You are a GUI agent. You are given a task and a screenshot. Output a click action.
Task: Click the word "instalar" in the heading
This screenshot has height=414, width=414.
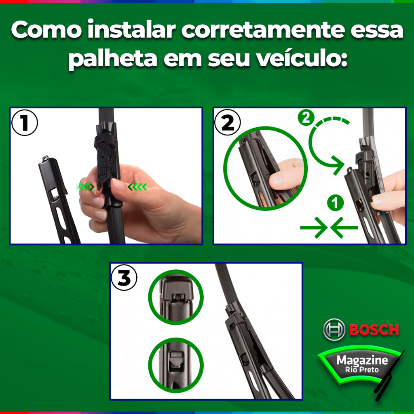[131, 30]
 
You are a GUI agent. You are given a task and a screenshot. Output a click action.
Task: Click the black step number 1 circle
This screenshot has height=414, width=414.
[25, 123]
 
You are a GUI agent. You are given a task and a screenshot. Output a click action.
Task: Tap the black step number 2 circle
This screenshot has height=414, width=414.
[227, 123]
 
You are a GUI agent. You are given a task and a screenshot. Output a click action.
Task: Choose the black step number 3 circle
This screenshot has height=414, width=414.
[124, 277]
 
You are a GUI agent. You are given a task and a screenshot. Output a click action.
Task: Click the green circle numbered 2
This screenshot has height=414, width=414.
[306, 118]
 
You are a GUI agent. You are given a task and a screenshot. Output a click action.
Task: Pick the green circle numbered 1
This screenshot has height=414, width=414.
[335, 203]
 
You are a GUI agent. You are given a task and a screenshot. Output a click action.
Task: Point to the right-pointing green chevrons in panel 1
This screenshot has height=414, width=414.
[85, 187]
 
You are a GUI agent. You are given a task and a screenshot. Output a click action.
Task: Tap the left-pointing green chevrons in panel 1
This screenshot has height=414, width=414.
[137, 187]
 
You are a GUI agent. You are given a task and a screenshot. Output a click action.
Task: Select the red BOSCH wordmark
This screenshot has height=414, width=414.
[374, 330]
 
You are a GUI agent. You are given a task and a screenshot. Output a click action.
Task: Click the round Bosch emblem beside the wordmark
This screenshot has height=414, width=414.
[334, 330]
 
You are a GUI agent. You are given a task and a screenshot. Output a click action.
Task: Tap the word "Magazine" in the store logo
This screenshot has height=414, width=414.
[362, 360]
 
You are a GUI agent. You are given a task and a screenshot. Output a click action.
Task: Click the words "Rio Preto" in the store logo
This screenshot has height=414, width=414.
[362, 370]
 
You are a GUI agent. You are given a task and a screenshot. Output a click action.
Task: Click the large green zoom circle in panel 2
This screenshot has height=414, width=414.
[224, 169]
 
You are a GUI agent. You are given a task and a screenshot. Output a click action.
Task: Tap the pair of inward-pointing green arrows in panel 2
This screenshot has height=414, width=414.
[329, 227]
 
